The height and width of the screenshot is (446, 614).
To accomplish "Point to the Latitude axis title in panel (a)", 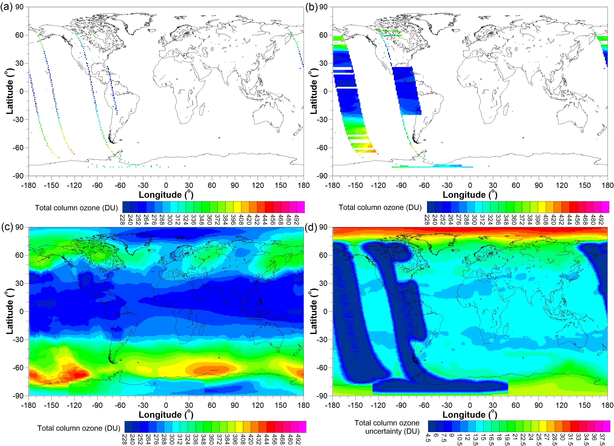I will point(9,91).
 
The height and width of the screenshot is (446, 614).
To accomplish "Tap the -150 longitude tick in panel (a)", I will point(51,185).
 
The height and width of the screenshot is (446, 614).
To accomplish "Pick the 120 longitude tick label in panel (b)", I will point(562,185).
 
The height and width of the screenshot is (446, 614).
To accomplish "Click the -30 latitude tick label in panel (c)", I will point(18,340).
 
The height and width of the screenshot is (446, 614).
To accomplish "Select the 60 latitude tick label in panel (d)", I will point(323,255).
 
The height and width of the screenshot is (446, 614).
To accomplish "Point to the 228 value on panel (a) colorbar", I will point(122,219).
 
